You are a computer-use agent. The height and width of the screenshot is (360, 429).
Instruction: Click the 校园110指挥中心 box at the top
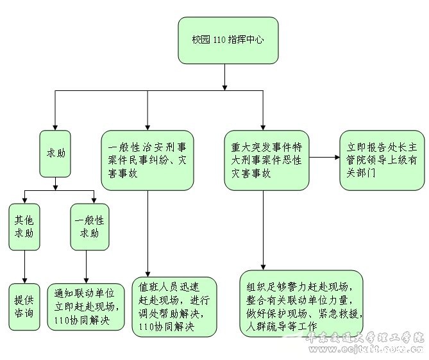[x=224, y=40]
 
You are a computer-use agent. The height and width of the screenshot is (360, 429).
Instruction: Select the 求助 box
[x=55, y=154]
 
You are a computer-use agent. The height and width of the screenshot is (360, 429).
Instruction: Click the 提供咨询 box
[x=24, y=307]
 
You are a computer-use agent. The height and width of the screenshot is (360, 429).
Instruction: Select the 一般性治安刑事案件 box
[x=147, y=161]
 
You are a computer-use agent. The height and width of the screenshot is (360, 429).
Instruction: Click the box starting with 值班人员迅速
[x=174, y=306]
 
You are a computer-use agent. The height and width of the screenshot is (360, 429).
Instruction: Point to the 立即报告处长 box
[x=381, y=160]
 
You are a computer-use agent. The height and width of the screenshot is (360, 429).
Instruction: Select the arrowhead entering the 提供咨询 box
[x=24, y=279]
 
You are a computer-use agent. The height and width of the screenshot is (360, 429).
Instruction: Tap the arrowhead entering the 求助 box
[x=55, y=127]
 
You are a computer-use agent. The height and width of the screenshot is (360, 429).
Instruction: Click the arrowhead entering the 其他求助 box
[x=24, y=199]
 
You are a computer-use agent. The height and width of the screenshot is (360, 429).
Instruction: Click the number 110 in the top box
[x=219, y=40]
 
